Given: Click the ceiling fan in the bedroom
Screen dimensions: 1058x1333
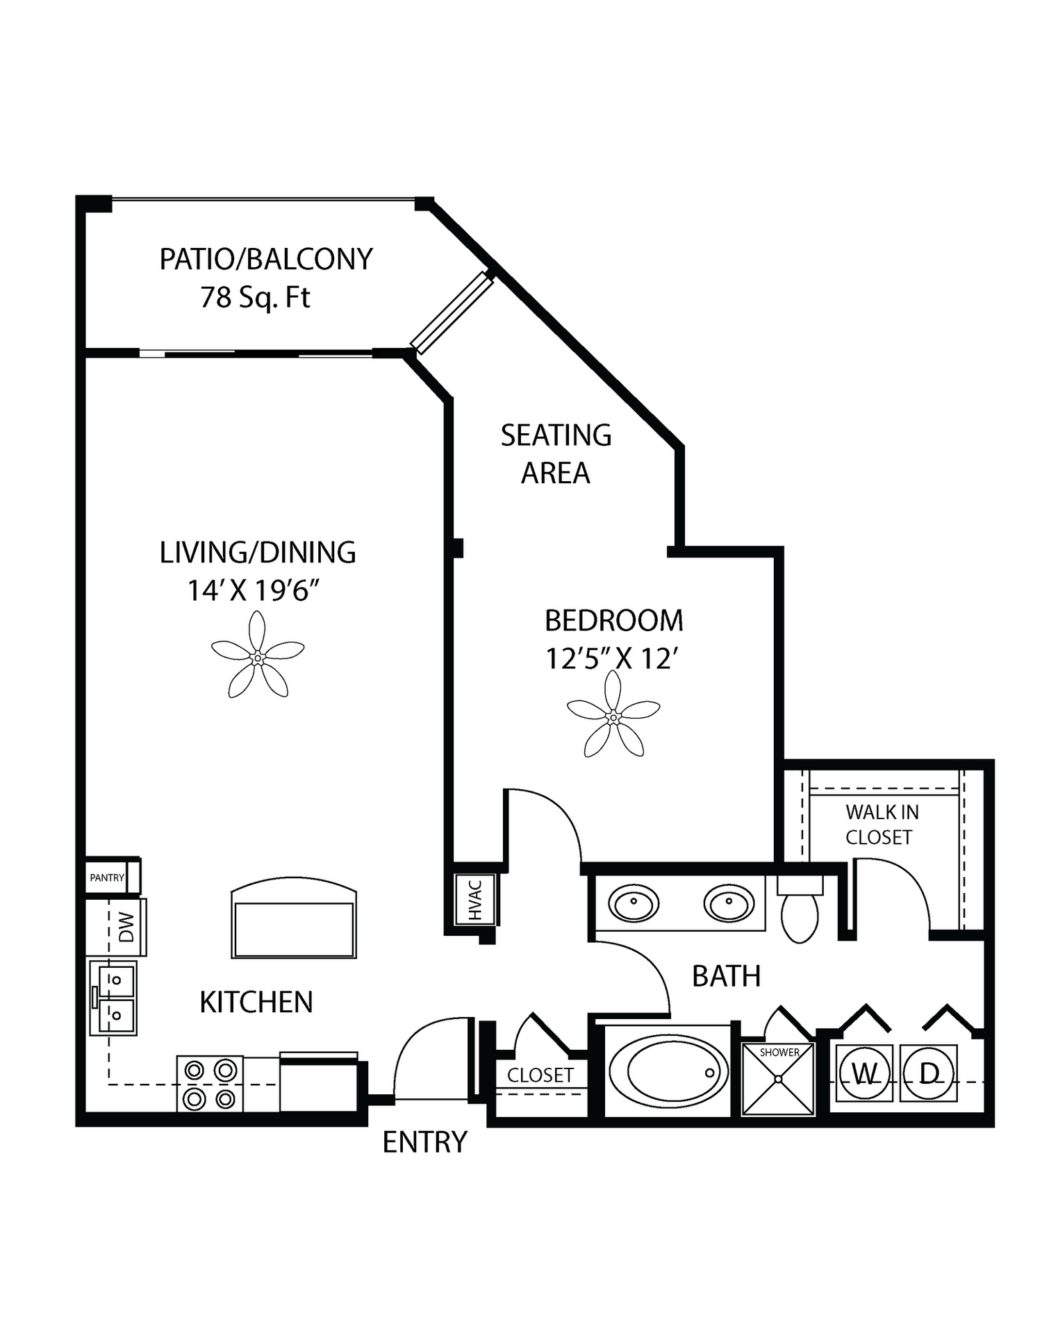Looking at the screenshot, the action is click(x=613, y=716).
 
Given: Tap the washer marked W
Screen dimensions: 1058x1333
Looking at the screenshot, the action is click(x=864, y=1073).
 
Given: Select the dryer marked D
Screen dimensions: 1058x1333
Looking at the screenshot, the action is click(x=929, y=1073).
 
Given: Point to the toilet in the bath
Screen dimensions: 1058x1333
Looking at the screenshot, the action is click(x=800, y=909).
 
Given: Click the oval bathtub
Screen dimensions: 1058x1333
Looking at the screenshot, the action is click(x=669, y=1071).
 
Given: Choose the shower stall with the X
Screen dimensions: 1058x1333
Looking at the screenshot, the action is click(x=778, y=1078).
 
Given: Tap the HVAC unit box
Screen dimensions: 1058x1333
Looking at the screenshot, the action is click(x=475, y=900).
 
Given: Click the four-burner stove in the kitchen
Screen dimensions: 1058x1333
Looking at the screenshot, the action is click(x=210, y=1083).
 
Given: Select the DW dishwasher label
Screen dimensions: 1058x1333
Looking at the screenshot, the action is click(x=126, y=927).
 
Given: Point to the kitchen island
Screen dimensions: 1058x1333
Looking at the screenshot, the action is click(x=294, y=918).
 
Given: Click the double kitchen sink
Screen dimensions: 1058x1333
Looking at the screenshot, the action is click(x=113, y=998).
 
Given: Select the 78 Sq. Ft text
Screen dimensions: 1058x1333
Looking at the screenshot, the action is click(x=255, y=297).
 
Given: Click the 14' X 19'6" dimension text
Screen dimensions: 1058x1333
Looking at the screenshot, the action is click(x=254, y=591).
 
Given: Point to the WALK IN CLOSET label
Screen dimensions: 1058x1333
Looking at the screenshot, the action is click(x=882, y=825).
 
